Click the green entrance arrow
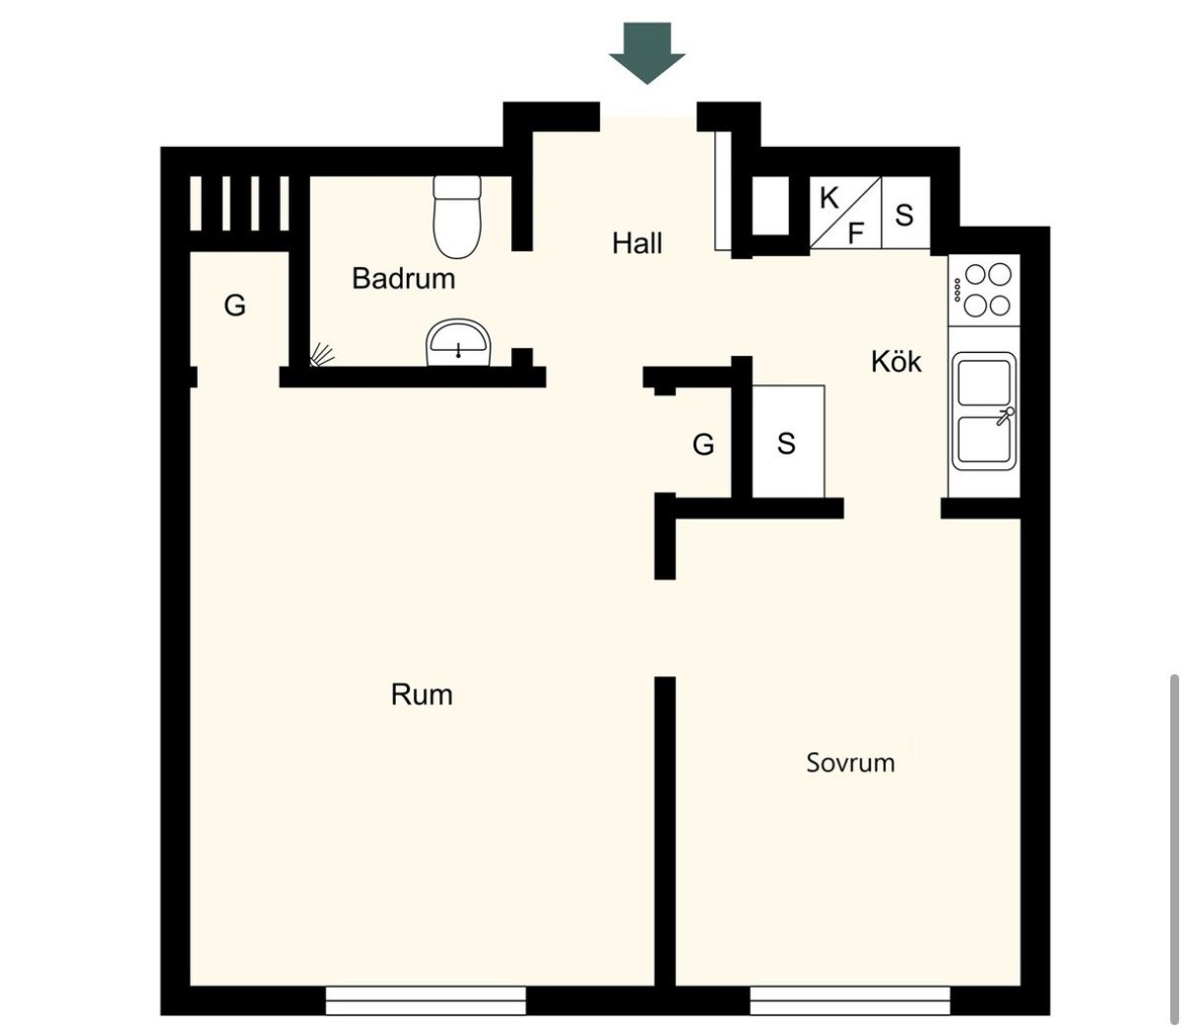pyautogui.click(x=647, y=52)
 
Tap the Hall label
pyautogui.click(x=637, y=242)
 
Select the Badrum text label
pyautogui.click(x=404, y=278)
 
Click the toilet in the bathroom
pyautogui.click(x=457, y=217)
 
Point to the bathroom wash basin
pyautogui.click(x=459, y=343)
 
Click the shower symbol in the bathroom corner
pyautogui.click(x=322, y=355)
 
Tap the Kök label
pyautogui.click(x=896, y=362)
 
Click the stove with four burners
pyautogui.click(x=984, y=291)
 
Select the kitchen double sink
pyautogui.click(x=984, y=411)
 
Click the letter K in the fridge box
pyautogui.click(x=828, y=199)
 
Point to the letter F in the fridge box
pyautogui.click(x=856, y=234)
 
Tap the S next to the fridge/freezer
pyautogui.click(x=904, y=216)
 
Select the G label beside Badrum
pyautogui.click(x=234, y=306)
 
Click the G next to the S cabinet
pyautogui.click(x=703, y=445)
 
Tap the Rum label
pyautogui.click(x=422, y=695)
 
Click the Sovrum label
pyautogui.click(x=851, y=763)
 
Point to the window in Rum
pyautogui.click(x=426, y=1000)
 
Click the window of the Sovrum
pyautogui.click(x=850, y=1000)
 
